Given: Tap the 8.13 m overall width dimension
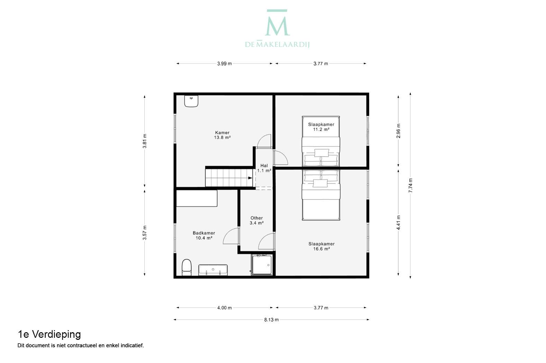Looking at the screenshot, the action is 271,320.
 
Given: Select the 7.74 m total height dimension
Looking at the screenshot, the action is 410,185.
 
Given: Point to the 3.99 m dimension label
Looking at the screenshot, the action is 225,64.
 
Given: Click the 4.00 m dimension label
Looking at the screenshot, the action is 225,308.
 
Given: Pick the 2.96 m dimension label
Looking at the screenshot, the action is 398,131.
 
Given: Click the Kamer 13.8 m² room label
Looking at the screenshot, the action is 222,135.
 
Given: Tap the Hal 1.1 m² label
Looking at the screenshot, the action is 264,168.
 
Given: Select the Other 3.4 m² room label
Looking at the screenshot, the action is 257,221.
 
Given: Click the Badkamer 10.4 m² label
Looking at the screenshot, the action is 204,235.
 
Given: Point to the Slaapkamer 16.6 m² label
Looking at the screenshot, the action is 321,246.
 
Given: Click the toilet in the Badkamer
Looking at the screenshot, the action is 187,268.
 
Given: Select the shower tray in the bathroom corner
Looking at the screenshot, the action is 262,265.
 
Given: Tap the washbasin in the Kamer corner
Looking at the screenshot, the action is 191,101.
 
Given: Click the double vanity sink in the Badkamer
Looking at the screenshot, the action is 213,270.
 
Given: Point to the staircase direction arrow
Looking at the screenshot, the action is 250,178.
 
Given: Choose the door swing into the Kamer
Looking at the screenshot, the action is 264,141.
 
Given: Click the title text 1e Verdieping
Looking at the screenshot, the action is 49,335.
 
